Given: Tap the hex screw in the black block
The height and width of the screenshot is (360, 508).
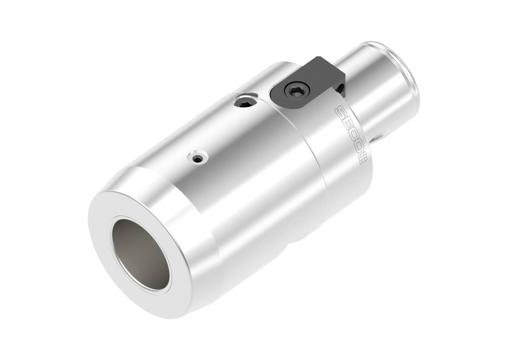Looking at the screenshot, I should (x=297, y=90).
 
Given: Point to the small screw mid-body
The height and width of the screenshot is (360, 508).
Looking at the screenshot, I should (x=197, y=158).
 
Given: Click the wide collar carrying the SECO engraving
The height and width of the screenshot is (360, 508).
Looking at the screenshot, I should (x=342, y=164).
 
